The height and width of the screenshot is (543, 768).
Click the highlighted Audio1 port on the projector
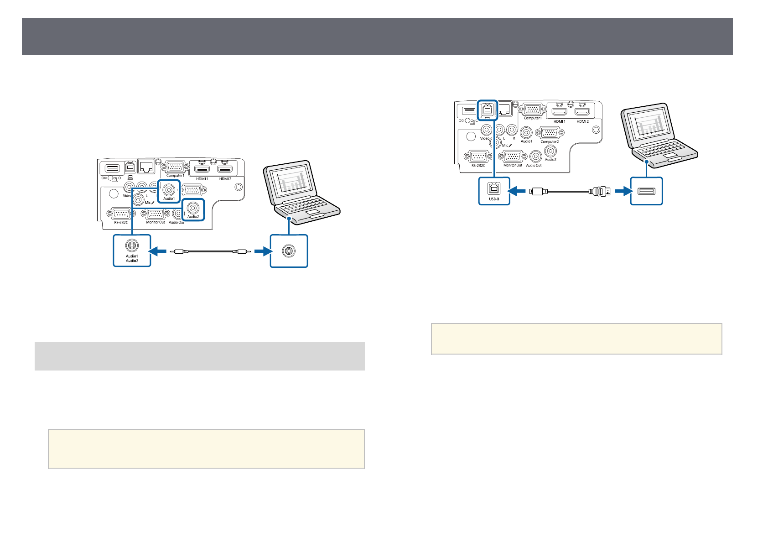[x=169, y=189]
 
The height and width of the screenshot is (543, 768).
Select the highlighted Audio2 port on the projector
[x=193, y=208]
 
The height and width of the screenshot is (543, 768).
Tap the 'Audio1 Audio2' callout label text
[x=132, y=258]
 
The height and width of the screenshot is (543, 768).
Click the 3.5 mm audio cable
[x=210, y=251]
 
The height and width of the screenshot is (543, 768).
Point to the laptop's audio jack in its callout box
[x=289, y=251]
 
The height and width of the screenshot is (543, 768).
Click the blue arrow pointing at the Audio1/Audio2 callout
[x=159, y=251]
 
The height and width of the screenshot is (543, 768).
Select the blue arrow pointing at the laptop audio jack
[x=261, y=251]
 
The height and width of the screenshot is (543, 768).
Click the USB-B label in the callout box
[x=494, y=199]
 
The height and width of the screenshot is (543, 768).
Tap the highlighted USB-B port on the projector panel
[x=487, y=110]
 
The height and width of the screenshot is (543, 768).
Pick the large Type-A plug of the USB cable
[x=599, y=191]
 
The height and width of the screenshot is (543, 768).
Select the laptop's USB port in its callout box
[x=646, y=191]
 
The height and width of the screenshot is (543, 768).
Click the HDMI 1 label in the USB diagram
[x=560, y=121]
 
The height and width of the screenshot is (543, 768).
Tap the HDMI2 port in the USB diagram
[x=582, y=112]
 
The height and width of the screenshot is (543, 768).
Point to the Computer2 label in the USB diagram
[x=550, y=141]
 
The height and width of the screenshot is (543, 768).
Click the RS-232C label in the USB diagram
[x=478, y=165]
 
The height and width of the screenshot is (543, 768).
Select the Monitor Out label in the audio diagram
[x=156, y=222]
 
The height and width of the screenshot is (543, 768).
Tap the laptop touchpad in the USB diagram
[x=669, y=156]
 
